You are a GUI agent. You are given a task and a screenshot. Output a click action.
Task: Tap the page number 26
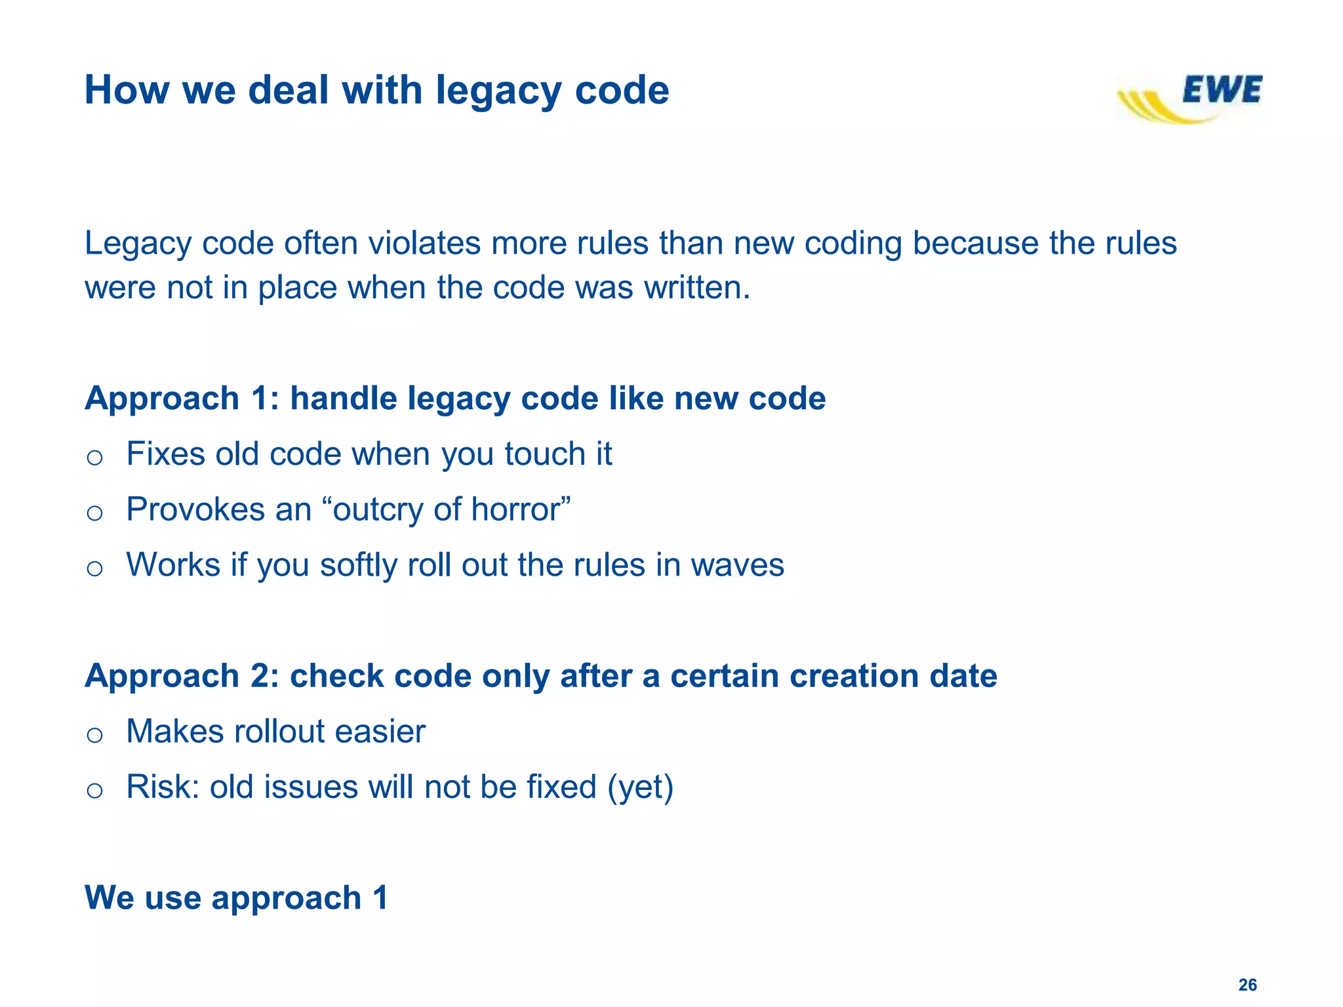[x=1247, y=985]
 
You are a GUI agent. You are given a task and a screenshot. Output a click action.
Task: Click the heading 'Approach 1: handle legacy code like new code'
[x=455, y=399]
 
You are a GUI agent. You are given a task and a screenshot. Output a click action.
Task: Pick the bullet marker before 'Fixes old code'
[x=94, y=457]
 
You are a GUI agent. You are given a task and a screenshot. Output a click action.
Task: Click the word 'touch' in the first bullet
[x=544, y=454]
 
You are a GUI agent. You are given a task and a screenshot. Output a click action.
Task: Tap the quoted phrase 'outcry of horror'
[x=452, y=509]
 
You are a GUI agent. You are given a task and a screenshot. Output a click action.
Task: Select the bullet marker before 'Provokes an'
[x=94, y=513]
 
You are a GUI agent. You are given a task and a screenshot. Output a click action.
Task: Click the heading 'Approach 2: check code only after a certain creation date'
[x=541, y=676]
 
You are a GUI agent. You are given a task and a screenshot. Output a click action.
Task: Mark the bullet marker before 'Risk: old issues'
[x=94, y=790]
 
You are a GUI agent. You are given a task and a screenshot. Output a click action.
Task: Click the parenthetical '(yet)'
[x=640, y=787]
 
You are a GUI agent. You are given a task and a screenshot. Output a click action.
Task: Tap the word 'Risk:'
[x=163, y=787]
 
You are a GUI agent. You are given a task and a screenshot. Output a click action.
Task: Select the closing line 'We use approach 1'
[x=236, y=898]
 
